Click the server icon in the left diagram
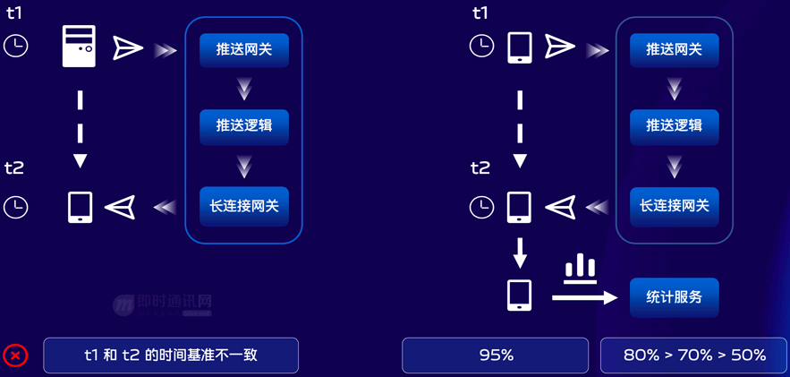(x=79, y=47)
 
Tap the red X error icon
(x=15, y=356)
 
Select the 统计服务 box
(x=674, y=296)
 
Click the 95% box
(x=496, y=356)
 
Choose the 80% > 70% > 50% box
(x=694, y=356)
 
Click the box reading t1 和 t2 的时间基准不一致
(x=170, y=356)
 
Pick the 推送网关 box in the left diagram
(x=243, y=49)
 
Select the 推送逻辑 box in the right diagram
(x=674, y=126)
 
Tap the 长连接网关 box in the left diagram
(x=243, y=206)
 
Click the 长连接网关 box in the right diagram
(x=674, y=206)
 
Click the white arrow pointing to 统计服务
(x=584, y=297)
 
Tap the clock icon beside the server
(x=16, y=46)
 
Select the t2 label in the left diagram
(x=14, y=167)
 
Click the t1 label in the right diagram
(x=480, y=13)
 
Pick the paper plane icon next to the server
(x=128, y=47)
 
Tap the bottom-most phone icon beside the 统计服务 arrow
(x=520, y=296)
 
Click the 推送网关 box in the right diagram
(x=674, y=49)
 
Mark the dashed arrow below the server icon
(x=81, y=125)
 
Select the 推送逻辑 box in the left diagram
(x=243, y=126)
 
